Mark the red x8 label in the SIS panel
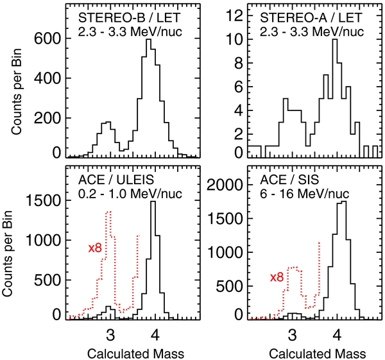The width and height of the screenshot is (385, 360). click(x=276, y=277)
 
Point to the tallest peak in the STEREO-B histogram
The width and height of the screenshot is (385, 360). click(x=149, y=40)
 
